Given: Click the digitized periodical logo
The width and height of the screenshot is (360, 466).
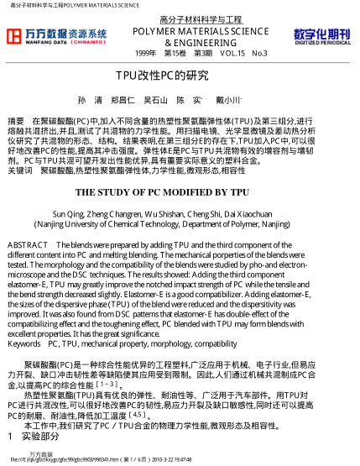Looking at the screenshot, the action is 321,35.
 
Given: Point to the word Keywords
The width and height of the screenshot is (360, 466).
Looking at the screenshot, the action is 23,343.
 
